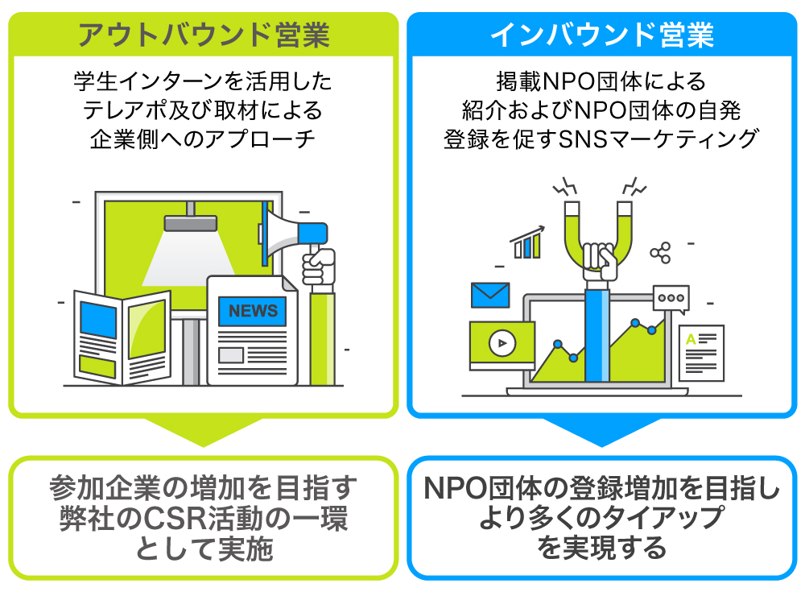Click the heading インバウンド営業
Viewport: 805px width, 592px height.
click(x=602, y=35)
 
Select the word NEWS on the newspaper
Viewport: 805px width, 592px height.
click(x=253, y=310)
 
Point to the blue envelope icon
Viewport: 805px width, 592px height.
click(x=490, y=295)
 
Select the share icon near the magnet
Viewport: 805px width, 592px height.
click(x=661, y=252)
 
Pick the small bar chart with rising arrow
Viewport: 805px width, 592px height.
click(x=527, y=242)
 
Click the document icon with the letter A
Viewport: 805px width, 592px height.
click(x=700, y=352)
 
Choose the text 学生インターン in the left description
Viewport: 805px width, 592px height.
click(x=147, y=82)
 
